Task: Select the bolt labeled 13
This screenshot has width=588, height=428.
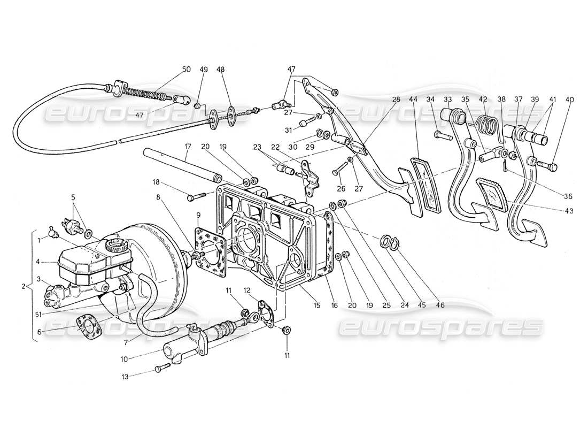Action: click(x=161, y=368)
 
